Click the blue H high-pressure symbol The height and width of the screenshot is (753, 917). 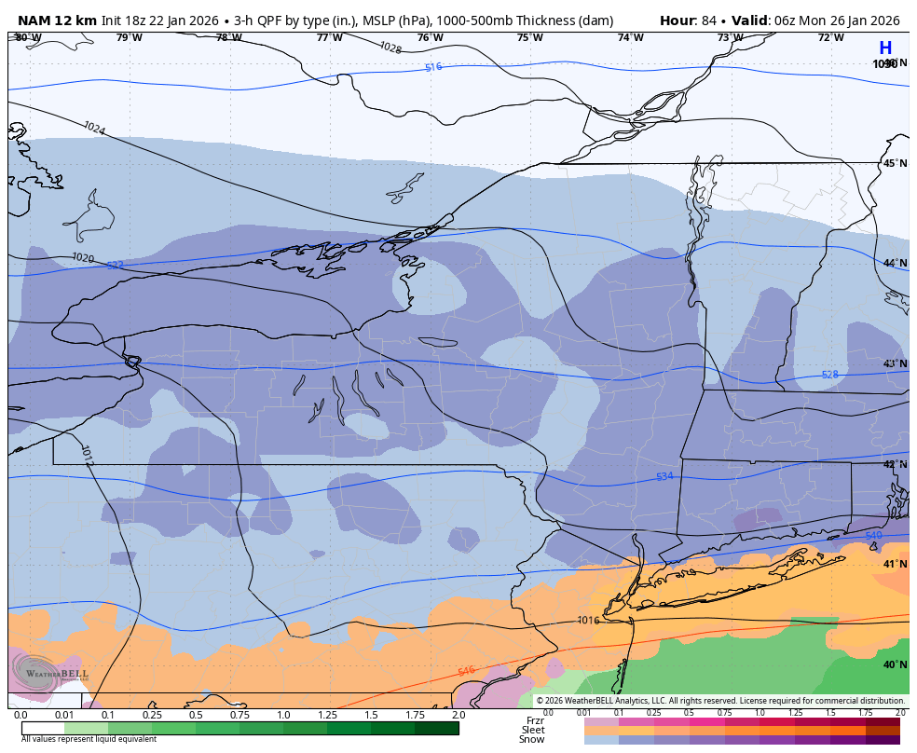point(884,48)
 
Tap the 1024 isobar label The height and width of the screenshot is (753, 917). point(94,128)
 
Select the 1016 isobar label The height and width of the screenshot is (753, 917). point(588,620)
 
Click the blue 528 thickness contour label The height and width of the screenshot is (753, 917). point(829,375)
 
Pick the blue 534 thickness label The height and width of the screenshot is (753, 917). point(664,476)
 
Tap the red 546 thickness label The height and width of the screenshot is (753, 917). point(466,671)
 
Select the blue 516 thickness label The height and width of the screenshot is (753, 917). point(433,67)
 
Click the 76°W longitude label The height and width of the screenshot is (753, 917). point(430,38)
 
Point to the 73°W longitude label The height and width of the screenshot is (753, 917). point(730,38)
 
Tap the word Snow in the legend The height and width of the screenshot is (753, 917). point(531,739)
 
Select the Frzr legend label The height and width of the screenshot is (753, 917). point(534,720)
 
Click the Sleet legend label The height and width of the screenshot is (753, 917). point(532,730)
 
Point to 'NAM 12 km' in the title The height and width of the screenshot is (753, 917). point(57,21)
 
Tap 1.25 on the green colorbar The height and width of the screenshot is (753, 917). point(326,715)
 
